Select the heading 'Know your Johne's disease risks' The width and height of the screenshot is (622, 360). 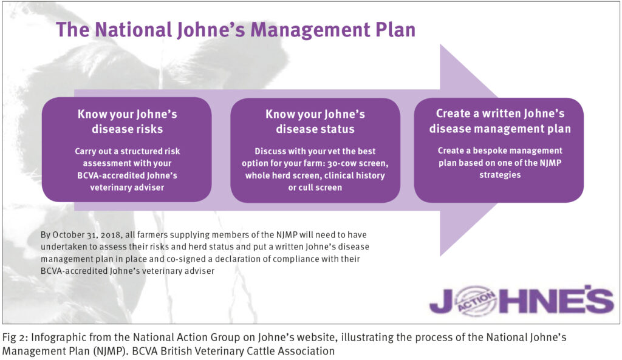click(x=126, y=121)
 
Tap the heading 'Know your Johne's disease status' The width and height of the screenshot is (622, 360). click(x=315, y=121)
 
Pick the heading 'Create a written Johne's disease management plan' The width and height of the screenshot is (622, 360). click(x=499, y=121)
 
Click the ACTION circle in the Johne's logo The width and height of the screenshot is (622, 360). click(x=467, y=302)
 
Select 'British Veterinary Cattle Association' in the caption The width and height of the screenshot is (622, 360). click(x=273, y=350)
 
